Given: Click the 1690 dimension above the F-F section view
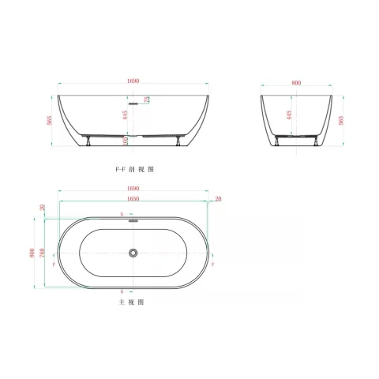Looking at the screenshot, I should (x=133, y=81).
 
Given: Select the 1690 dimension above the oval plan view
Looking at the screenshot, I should (x=133, y=189).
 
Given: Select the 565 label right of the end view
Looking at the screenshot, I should (x=343, y=119).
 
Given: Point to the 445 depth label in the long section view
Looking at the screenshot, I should (x=125, y=115).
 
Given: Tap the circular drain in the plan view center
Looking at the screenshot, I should (x=134, y=253).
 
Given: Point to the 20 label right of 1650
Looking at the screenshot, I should (x=218, y=198).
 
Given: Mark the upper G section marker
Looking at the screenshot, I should (x=122, y=215).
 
